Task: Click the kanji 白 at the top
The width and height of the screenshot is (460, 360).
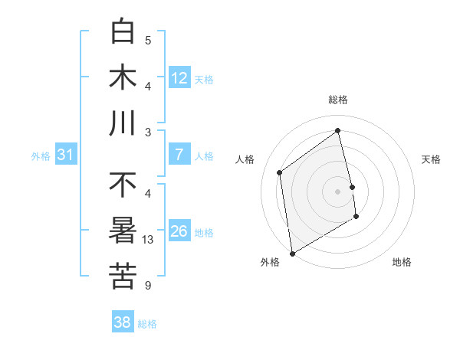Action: (x=123, y=31)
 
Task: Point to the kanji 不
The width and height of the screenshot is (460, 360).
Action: (x=123, y=185)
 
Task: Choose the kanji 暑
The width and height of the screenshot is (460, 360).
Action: (x=123, y=231)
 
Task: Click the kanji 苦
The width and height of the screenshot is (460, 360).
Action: (x=123, y=277)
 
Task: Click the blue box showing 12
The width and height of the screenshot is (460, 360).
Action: (x=179, y=77)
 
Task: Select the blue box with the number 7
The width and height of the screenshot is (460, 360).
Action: (x=179, y=155)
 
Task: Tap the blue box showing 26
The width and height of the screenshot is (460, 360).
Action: (x=179, y=231)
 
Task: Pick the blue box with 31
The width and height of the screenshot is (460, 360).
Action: (x=66, y=155)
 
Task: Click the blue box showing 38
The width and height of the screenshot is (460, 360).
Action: (x=123, y=323)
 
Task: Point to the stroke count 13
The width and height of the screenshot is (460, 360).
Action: (x=149, y=240)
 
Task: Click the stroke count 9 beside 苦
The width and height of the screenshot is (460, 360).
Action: (x=149, y=286)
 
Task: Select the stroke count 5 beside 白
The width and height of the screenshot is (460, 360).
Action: (x=149, y=41)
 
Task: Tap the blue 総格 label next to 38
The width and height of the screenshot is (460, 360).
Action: (x=147, y=324)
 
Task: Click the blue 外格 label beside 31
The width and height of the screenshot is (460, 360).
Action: (x=41, y=156)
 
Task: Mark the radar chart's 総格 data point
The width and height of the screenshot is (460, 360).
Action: (x=338, y=130)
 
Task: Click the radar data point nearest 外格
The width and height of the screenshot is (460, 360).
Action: (x=292, y=253)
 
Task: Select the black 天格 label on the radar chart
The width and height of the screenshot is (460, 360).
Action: (x=432, y=159)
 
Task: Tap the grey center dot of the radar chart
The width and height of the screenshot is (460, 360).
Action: (x=338, y=191)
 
